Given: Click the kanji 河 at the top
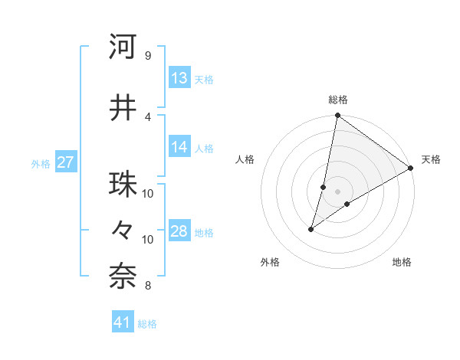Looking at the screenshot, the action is (123, 47).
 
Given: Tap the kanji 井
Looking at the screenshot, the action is (123, 108).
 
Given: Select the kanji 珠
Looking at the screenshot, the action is (123, 185).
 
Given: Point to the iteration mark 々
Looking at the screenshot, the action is (123, 231).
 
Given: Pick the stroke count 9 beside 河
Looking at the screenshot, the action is (147, 56).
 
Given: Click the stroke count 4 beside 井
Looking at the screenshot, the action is (147, 116).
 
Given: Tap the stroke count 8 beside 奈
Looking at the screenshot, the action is (147, 286).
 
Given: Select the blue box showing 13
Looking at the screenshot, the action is (179, 78).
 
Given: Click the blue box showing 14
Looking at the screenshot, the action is (179, 147).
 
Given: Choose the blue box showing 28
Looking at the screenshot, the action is (179, 231).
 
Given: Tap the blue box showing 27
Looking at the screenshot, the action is (65, 162).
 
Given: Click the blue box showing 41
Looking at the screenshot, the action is (123, 322).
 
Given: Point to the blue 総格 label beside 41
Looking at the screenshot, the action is (147, 324).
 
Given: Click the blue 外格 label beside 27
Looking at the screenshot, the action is (41, 164).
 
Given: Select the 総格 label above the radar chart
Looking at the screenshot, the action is (337, 100).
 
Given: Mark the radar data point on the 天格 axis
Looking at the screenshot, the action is (411, 168).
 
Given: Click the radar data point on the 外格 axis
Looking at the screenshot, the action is (311, 229).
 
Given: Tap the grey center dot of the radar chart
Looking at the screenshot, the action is (337, 191).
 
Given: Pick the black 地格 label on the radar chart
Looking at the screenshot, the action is (402, 263).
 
